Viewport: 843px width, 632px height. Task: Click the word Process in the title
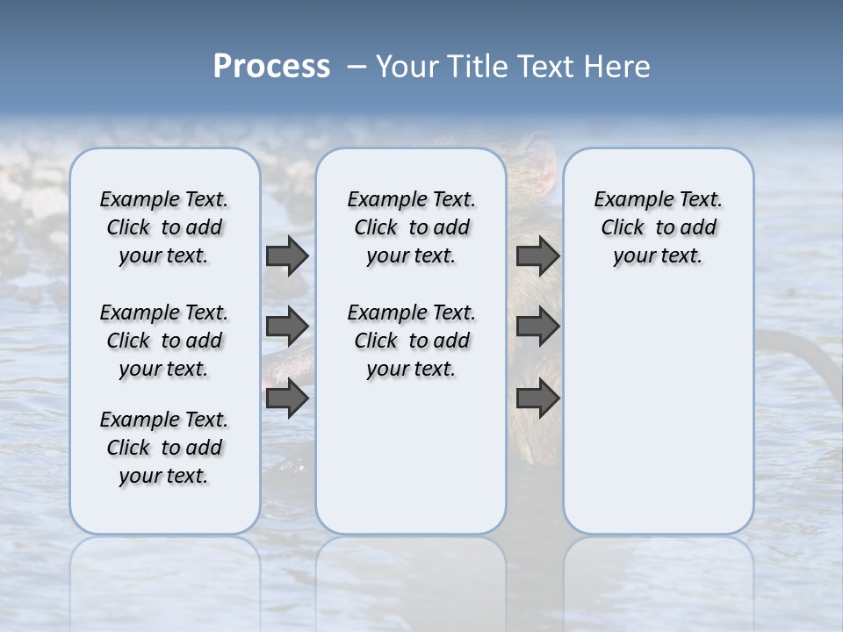[271, 67]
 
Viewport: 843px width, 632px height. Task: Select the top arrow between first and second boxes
[287, 255]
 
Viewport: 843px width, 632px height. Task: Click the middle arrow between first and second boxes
[287, 327]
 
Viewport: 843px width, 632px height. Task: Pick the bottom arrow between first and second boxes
[287, 398]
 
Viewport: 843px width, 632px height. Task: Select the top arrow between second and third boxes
[537, 255]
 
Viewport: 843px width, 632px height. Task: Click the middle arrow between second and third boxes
[537, 327]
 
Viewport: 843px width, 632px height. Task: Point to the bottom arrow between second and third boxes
[537, 398]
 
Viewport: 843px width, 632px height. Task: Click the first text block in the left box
[164, 227]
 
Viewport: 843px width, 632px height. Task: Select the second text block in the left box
[164, 341]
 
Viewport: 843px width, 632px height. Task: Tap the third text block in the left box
[164, 448]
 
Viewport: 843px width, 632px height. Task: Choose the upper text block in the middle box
[411, 227]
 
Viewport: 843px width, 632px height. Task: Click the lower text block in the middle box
[411, 341]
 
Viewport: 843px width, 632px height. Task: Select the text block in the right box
[659, 227]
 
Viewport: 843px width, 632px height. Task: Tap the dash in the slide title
[357, 67]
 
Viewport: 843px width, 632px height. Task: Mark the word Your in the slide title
[407, 67]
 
